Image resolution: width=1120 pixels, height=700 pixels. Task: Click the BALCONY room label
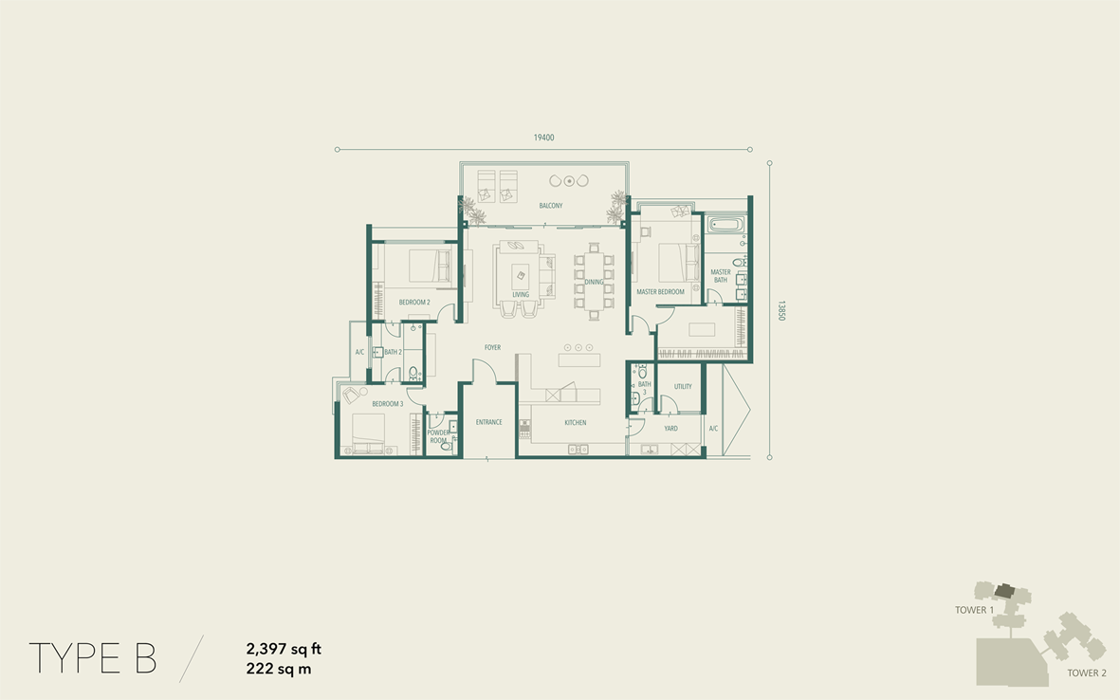551,206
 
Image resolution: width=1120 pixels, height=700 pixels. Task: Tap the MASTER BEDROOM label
661,292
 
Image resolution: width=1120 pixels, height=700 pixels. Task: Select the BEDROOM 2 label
414,303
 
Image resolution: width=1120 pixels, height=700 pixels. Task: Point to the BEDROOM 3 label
388,404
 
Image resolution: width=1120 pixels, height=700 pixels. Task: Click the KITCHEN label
575,423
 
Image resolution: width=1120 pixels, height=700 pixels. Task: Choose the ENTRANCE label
488,422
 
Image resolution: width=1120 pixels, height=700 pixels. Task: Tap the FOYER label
493,348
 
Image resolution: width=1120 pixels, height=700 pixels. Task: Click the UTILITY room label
683,386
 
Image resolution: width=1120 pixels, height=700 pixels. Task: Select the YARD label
670,429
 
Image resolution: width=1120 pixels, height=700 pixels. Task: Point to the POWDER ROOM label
438,436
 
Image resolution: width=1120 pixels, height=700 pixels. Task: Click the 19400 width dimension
543,138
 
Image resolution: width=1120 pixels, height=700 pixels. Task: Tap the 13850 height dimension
781,311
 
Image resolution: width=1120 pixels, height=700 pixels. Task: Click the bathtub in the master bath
725,225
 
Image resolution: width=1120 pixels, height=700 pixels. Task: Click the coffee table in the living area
520,275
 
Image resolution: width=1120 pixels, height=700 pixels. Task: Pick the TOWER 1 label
974,610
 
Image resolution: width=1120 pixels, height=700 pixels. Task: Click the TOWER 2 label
1087,672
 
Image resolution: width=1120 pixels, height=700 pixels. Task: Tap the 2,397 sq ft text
284,650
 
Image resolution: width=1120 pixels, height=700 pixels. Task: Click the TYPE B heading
93,658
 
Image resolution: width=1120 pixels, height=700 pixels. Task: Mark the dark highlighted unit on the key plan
1003,591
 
